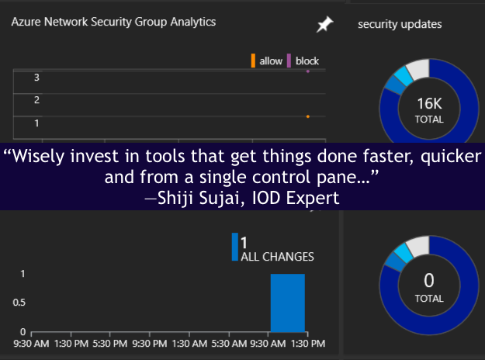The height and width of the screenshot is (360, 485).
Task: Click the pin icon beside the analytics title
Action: pyautogui.click(x=324, y=24)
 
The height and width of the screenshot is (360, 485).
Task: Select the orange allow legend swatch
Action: pyautogui.click(x=253, y=61)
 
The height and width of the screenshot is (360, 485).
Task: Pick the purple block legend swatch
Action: pyautogui.click(x=289, y=61)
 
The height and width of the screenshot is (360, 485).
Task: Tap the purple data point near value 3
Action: pyautogui.click(x=308, y=71)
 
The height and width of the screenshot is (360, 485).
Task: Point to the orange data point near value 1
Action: pyautogui.click(x=308, y=116)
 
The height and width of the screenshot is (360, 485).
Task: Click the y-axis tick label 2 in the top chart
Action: pyautogui.click(x=36, y=100)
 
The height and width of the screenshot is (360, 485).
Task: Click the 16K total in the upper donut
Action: pyautogui.click(x=429, y=104)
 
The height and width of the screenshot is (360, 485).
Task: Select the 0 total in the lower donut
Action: pyautogui.click(x=429, y=281)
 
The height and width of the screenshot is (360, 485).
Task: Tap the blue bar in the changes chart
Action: pyautogui.click(x=288, y=303)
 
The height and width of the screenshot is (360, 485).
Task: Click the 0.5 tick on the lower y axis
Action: pyautogui.click(x=19, y=303)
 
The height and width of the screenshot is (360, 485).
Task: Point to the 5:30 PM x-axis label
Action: pyautogui.click(x=110, y=343)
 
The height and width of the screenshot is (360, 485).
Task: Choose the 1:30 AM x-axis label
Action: pyautogui.click(x=189, y=343)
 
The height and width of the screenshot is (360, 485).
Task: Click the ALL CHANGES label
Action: pyautogui.click(x=278, y=257)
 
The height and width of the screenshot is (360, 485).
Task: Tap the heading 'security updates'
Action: pyautogui.click(x=400, y=24)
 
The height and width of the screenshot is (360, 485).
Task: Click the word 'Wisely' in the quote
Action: pyautogui.click(x=37, y=156)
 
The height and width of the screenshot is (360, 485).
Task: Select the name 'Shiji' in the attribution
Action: pyautogui.click(x=176, y=198)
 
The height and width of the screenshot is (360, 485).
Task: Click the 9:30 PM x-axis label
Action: pyautogui.click(x=150, y=343)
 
